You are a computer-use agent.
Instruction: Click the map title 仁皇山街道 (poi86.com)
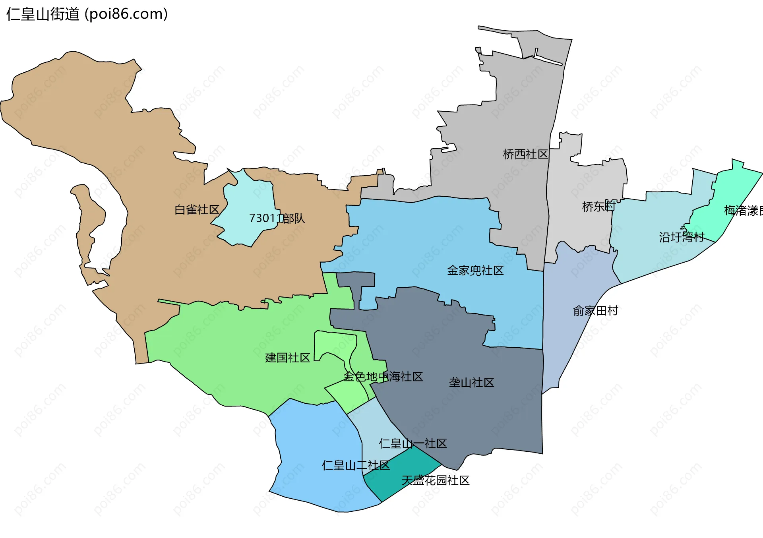87,14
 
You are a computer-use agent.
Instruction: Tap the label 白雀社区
197,210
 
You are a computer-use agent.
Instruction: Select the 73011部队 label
277,218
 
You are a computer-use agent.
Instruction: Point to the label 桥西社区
525,154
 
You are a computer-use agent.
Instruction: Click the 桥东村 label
598,207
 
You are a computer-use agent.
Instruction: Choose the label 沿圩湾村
682,237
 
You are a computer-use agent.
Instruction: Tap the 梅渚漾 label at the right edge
742,211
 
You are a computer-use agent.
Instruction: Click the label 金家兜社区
475,271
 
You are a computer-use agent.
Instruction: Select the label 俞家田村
595,311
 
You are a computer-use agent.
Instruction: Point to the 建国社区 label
287,358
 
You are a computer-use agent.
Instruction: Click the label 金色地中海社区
383,377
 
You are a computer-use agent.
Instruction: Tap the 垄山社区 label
471,383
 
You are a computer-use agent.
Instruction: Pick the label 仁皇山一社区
413,443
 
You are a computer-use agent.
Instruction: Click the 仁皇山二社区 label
356,465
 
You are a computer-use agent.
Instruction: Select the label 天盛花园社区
436,480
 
